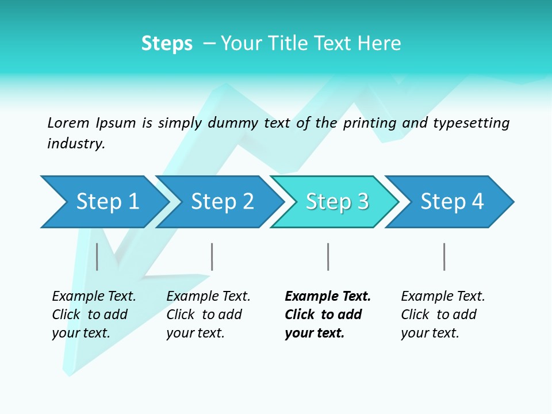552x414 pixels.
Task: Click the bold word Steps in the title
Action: (x=167, y=44)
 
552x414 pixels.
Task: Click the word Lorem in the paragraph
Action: (x=68, y=123)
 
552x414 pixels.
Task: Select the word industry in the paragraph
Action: (x=75, y=144)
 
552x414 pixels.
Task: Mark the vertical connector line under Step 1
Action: (x=97, y=256)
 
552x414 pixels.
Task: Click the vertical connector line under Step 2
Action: (x=212, y=256)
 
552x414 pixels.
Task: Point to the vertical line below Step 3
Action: (x=328, y=256)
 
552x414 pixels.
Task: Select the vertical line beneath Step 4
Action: (x=444, y=256)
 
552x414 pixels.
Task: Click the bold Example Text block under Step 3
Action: (x=327, y=315)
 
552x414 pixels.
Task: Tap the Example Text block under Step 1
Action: (x=93, y=315)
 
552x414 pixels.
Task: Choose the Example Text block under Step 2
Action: (x=208, y=315)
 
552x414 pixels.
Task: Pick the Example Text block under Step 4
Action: (x=442, y=315)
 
